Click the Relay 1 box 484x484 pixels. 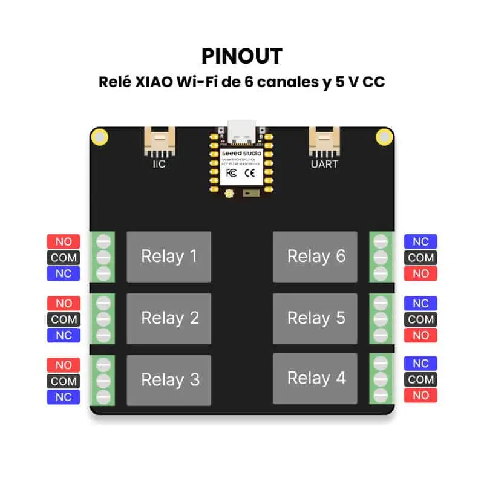169,257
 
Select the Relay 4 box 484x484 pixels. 316,379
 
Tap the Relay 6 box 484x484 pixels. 316,257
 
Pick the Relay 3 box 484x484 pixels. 169,380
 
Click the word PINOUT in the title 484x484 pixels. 242,56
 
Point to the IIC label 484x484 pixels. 159,163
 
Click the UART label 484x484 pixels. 324,163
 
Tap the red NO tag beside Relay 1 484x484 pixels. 64,241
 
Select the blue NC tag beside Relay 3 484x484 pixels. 64,397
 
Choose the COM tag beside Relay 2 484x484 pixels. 64,319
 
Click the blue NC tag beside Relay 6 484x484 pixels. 420,241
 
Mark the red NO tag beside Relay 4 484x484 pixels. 420,396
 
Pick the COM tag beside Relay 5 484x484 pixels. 420,319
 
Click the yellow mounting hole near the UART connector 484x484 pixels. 383,137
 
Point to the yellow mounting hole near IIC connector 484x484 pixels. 100,137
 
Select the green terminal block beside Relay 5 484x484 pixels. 381,319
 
